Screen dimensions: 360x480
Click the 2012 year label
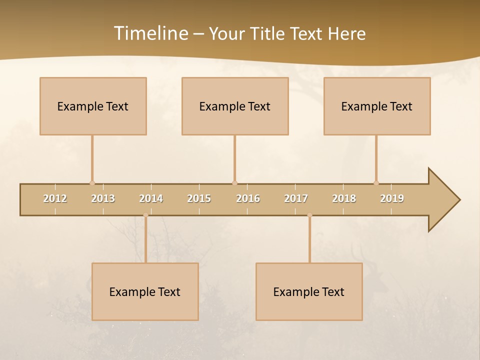[55, 198]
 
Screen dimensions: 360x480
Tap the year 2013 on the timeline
[103, 198]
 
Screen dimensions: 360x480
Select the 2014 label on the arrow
[151, 198]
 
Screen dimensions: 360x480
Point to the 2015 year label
[199, 198]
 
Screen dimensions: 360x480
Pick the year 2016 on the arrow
[248, 198]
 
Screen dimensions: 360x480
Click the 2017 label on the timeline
[296, 198]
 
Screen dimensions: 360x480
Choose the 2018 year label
[344, 198]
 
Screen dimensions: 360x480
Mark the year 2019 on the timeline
[392, 198]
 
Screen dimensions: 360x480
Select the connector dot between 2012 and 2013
[92, 183]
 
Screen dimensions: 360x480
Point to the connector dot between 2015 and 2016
[234, 183]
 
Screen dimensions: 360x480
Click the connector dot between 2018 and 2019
[376, 183]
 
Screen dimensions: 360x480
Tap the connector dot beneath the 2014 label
[145, 215]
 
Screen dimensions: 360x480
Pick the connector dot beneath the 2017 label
[309, 215]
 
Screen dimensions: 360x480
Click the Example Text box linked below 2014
[145, 291]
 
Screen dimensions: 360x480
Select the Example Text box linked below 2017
[309, 291]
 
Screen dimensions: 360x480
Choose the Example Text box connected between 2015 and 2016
[235, 106]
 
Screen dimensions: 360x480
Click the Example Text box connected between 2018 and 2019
[377, 106]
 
